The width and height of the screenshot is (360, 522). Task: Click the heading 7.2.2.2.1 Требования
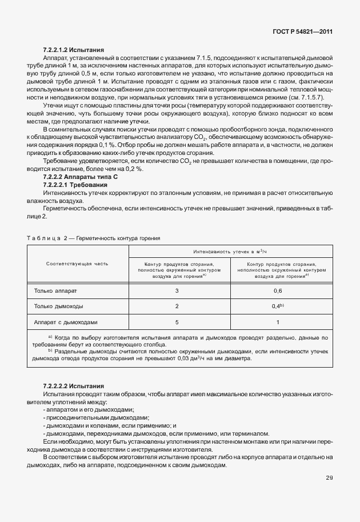tap(75, 185)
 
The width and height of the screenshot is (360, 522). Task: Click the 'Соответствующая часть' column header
tap(77, 264)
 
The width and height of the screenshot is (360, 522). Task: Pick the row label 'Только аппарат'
tap(55, 291)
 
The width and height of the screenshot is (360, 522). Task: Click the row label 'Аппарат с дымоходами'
tap(66, 321)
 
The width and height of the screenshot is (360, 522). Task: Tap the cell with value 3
tap(177, 291)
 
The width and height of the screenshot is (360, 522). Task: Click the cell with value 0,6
tap(278, 291)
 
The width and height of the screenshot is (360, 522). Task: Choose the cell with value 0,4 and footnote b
tap(278, 306)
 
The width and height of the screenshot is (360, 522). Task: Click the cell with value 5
tap(177, 321)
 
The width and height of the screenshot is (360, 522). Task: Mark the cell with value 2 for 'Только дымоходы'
tap(177, 306)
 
